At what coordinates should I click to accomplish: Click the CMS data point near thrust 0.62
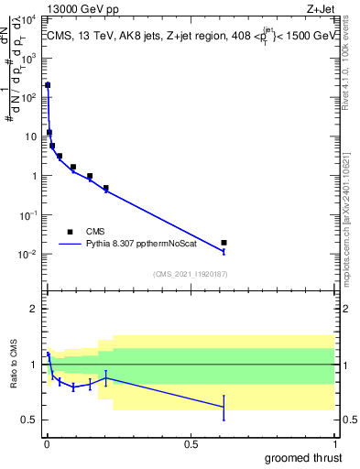(224, 243)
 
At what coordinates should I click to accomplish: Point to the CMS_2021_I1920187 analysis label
(191, 273)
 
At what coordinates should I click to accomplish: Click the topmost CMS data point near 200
(48, 85)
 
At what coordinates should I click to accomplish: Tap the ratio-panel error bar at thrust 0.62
(224, 407)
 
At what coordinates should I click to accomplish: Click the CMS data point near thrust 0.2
(106, 188)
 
